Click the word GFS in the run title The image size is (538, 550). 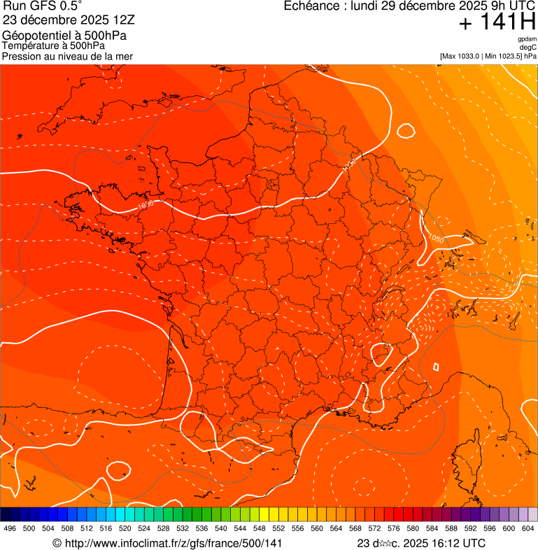(39, 6)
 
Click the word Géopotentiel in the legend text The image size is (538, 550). (35, 36)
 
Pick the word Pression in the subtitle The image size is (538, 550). (22, 56)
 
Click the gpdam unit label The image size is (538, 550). (527, 39)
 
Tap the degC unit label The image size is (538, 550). (528, 48)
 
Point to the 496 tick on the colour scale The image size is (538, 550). (10, 529)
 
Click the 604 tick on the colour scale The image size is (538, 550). (528, 529)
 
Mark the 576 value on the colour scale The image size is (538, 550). (393, 529)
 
